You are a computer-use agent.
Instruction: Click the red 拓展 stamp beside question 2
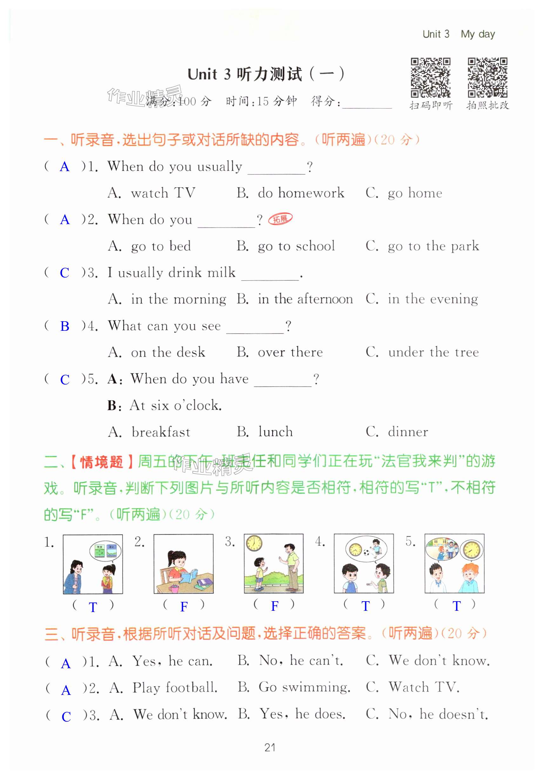pos(280,219)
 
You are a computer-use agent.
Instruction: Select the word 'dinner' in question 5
pos(408,432)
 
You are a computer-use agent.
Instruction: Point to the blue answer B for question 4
pos(64,326)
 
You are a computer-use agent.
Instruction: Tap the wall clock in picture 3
pos(254,543)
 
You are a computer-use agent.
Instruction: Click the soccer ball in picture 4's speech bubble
pos(366,553)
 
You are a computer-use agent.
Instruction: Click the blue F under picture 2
pos(184,607)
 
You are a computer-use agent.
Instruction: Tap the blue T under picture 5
pos(456,606)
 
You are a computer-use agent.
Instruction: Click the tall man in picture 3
pos(290,566)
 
